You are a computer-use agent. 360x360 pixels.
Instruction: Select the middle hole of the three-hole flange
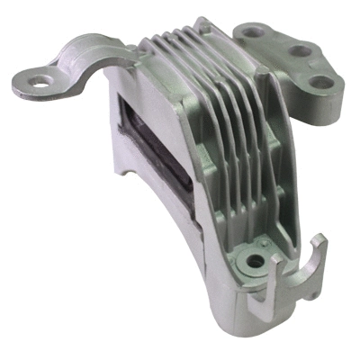(292, 50)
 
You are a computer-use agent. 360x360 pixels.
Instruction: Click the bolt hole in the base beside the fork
(256, 263)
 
